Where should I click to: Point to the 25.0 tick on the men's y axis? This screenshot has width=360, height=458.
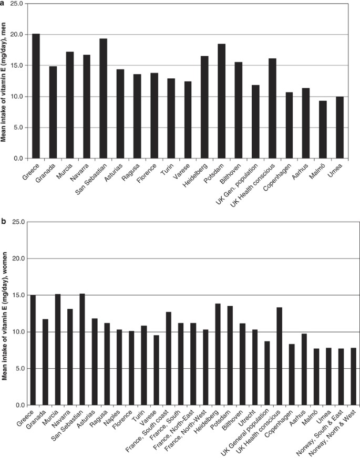pos(16,4)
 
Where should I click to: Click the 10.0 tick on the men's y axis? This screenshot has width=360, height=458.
pos(16,97)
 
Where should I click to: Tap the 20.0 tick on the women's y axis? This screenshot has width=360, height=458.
pos(16,258)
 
